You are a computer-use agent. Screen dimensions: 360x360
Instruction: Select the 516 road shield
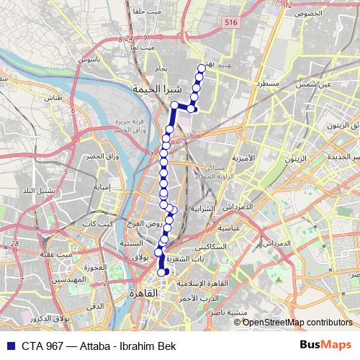coord(230,43)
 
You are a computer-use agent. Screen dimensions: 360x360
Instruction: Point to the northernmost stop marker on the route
coord(201,68)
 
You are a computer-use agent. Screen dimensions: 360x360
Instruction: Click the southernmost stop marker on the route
coord(161,272)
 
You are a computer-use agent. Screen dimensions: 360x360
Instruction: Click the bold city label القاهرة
coord(143,294)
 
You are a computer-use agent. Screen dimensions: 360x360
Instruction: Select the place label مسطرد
coord(267,84)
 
